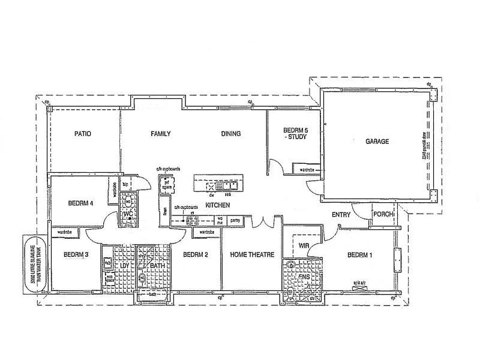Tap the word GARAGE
(377, 142)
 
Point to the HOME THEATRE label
(252, 255)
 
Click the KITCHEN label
(218, 205)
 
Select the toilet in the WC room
(128, 202)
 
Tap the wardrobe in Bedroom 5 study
(307, 170)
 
